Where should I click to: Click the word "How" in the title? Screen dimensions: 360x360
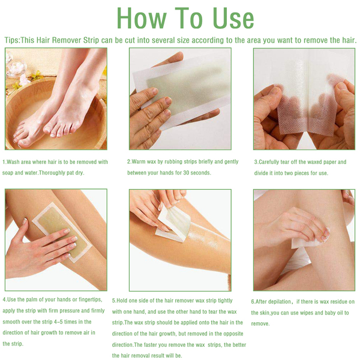(x=142, y=19)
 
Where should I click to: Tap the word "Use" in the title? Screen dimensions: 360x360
(x=233, y=19)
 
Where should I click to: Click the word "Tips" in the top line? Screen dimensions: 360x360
(x=11, y=40)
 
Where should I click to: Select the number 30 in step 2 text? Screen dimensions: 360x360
(x=187, y=173)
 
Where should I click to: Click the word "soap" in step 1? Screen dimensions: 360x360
(x=8, y=173)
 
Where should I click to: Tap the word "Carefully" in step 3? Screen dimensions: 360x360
(x=269, y=163)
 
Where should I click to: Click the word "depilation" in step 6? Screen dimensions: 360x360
(x=279, y=302)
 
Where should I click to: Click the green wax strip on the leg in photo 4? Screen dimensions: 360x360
(x=62, y=232)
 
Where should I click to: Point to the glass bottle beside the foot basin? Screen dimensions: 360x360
(x=16, y=67)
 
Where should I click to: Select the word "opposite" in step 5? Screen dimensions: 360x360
(x=234, y=334)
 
